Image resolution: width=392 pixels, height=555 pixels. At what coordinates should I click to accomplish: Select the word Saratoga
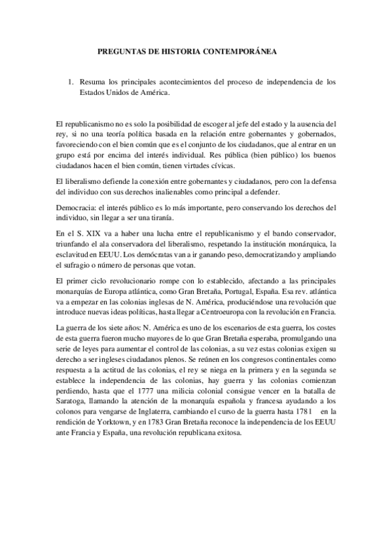click(75, 418)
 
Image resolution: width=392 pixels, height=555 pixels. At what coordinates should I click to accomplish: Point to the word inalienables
click(173, 191)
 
